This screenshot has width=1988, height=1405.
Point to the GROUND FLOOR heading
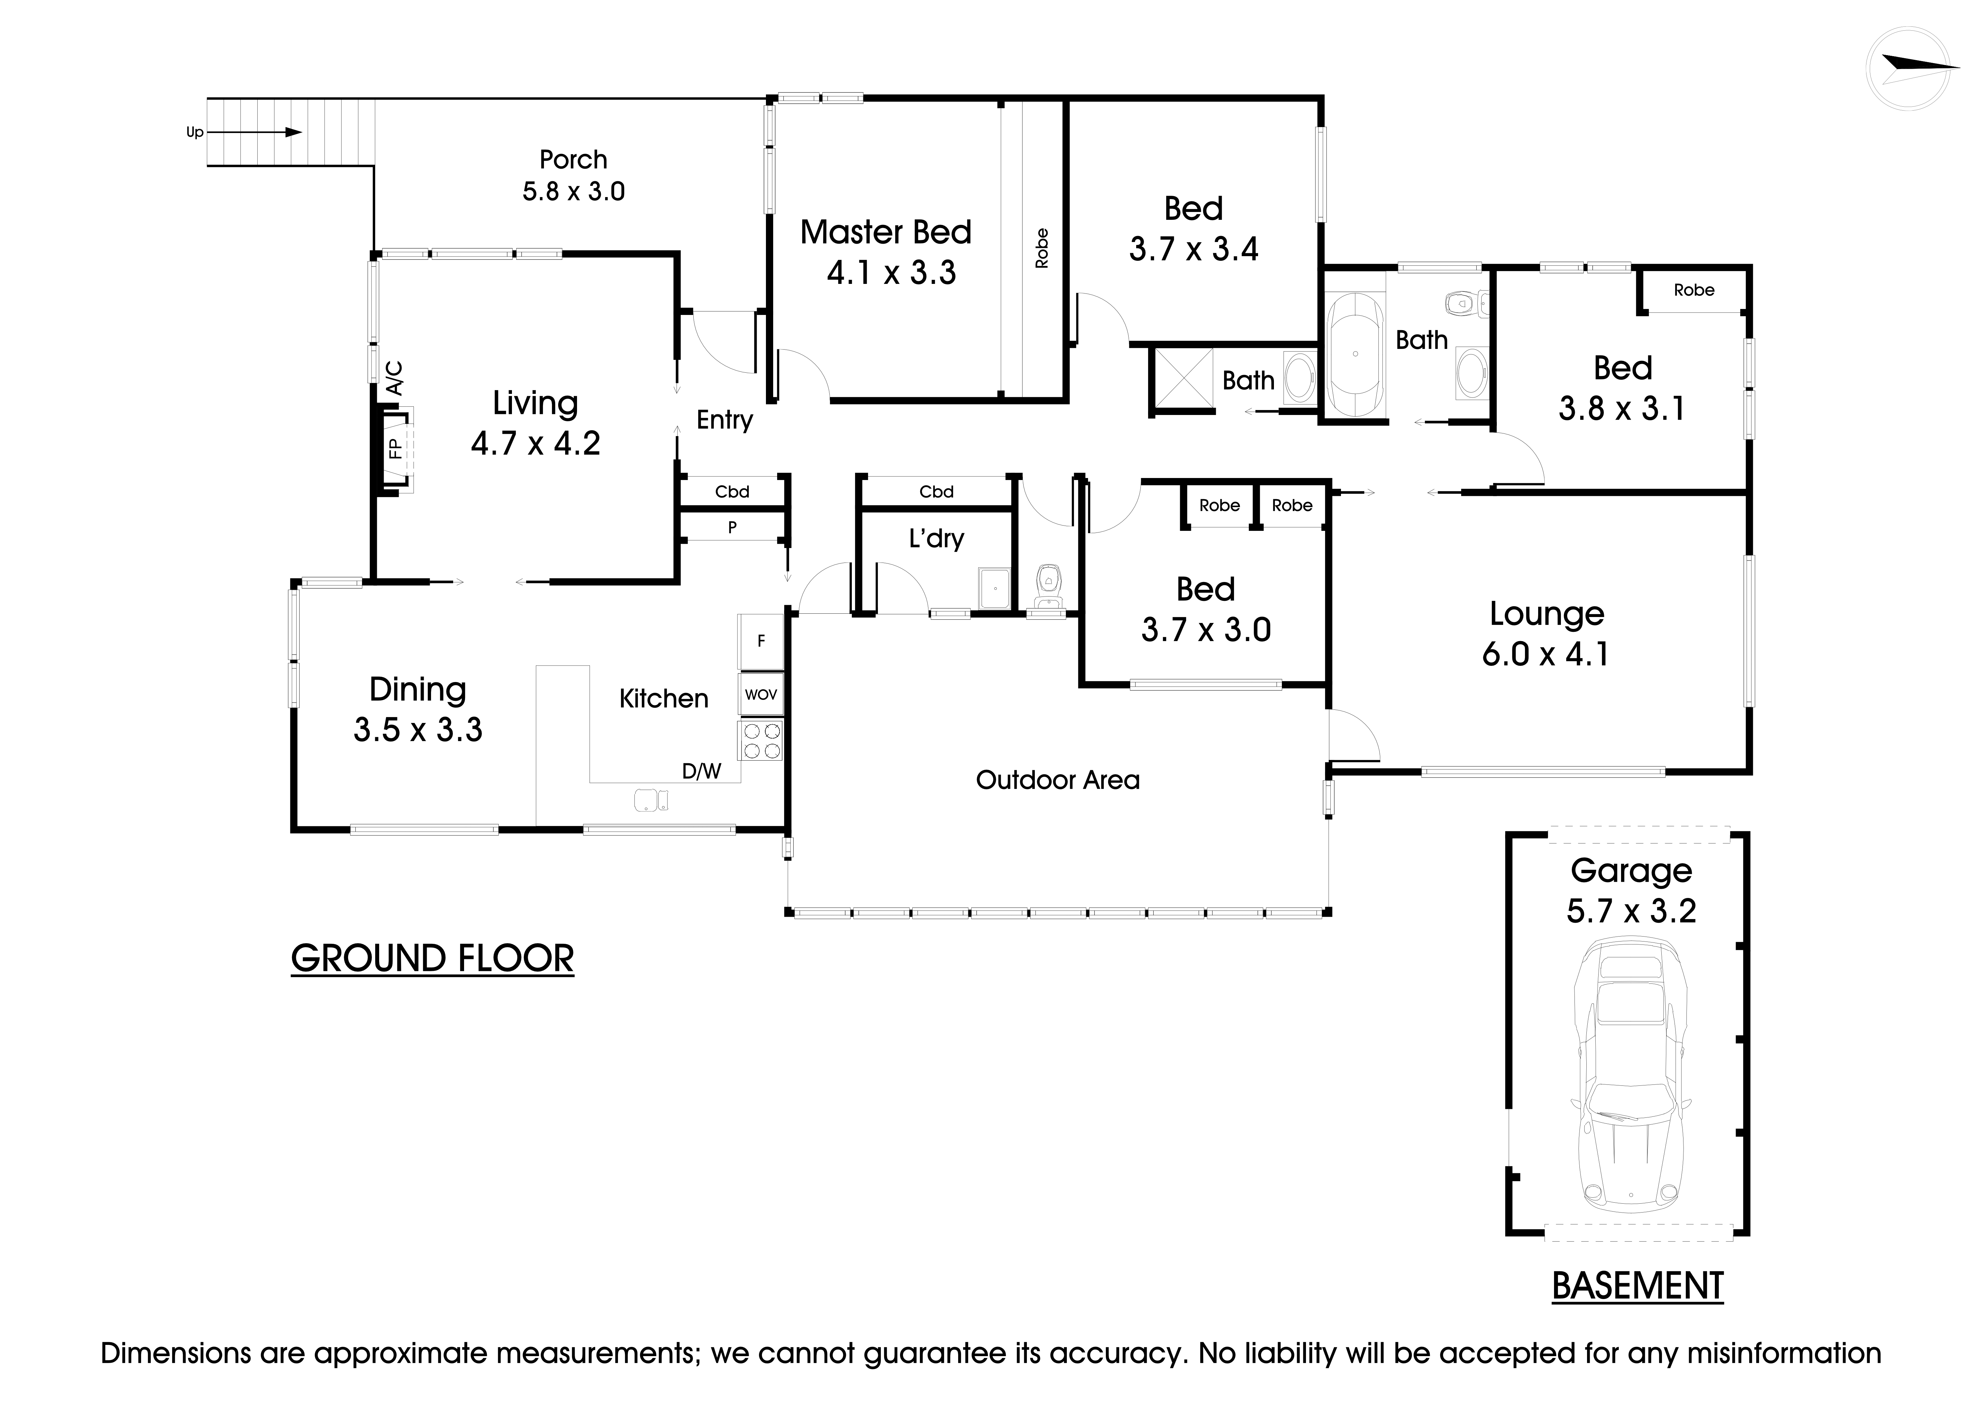[x=432, y=959]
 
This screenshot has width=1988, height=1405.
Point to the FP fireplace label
[x=395, y=448]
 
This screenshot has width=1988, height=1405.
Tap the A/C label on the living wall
[x=394, y=378]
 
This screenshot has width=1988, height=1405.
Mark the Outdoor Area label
[x=1057, y=780]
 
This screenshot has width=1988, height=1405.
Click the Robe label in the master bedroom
[x=1042, y=249]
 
